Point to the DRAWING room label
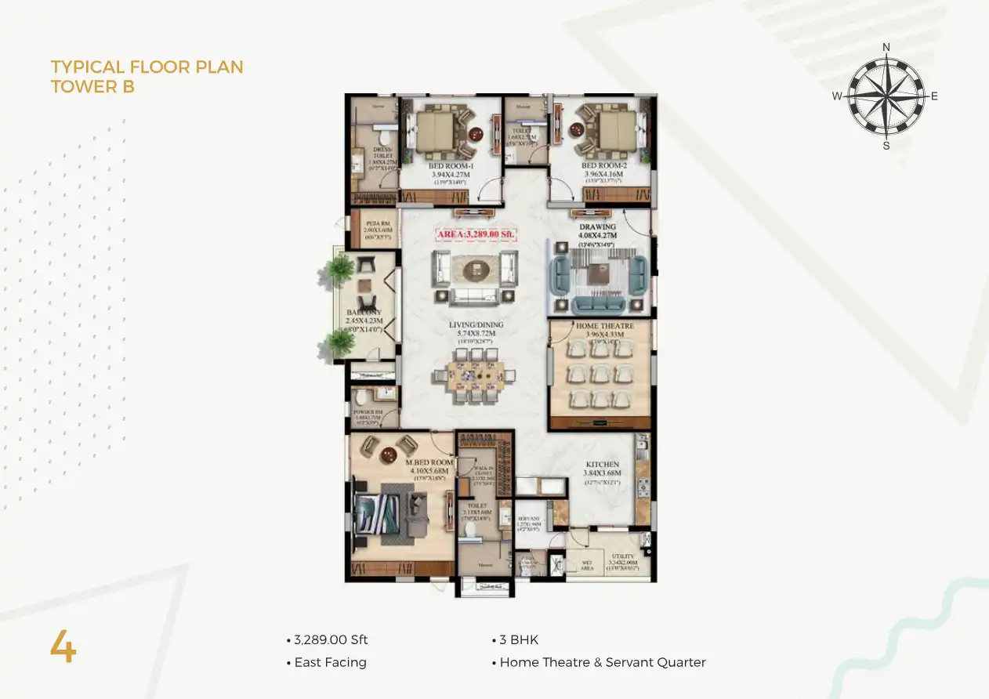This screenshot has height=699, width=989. (598, 228)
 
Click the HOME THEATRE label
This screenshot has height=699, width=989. (604, 326)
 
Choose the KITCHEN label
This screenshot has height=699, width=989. (602, 465)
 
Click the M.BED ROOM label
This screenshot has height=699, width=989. (429, 463)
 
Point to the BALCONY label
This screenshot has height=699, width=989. (364, 313)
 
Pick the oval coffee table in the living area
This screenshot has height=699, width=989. (474, 270)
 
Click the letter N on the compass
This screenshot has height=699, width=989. (886, 47)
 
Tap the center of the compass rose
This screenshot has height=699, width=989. (886, 96)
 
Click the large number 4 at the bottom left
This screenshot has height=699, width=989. (63, 647)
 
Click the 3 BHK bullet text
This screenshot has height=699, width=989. (519, 640)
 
